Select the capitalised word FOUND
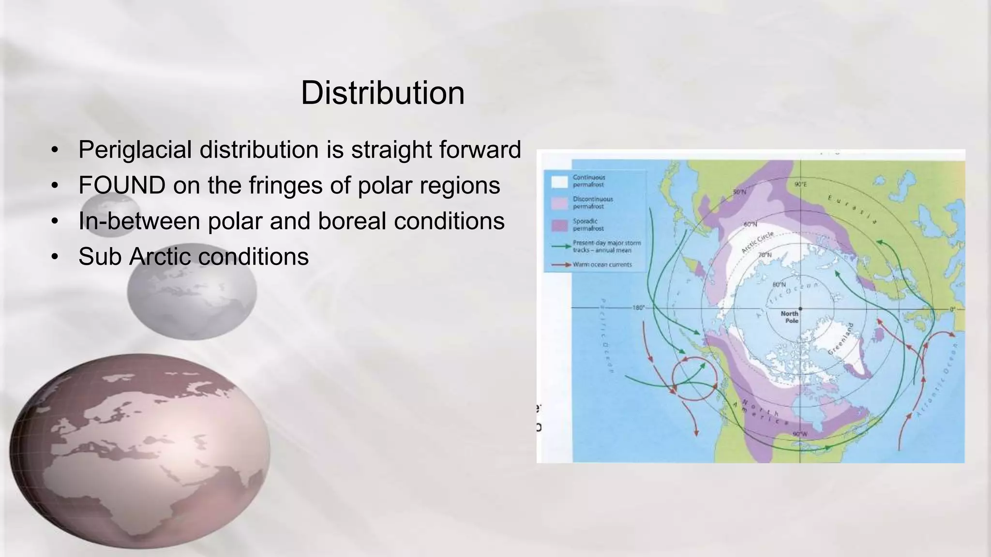point(122,185)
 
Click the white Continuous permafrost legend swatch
point(559,181)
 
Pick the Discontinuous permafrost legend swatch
point(559,203)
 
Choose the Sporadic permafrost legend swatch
point(559,225)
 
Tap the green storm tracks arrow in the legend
point(561,247)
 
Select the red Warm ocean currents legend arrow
point(561,265)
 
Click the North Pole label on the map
point(789,317)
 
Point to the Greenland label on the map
point(841,338)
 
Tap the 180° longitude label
point(639,308)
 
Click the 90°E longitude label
point(800,185)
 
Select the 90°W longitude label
point(800,434)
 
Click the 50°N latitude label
point(739,192)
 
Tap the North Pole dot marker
point(800,308)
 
